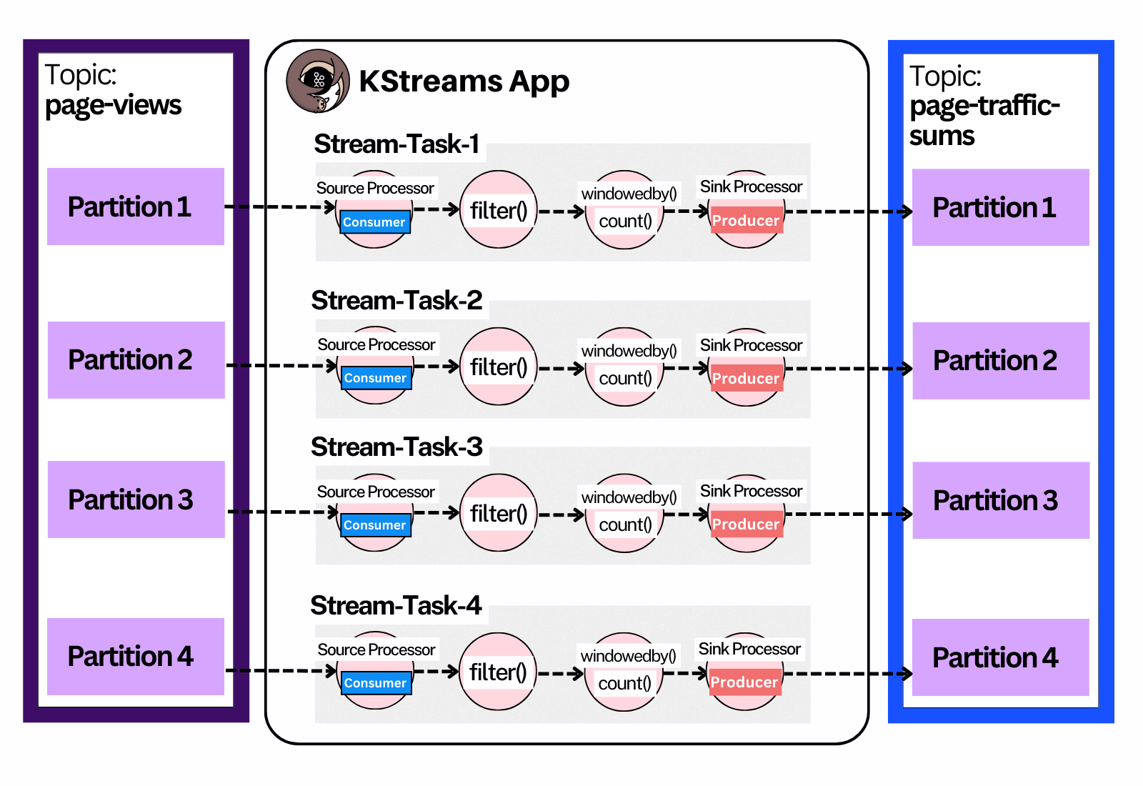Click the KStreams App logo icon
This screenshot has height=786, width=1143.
[318, 81]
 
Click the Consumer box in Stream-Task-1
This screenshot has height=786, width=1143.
[374, 222]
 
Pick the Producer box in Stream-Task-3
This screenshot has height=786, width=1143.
[746, 524]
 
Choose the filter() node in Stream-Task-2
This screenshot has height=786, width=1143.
[499, 367]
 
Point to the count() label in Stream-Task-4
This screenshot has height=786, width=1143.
[625, 684]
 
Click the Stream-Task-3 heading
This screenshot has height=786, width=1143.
[397, 447]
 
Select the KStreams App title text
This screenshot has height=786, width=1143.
[464, 81]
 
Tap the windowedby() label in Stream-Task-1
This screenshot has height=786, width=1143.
[629, 194]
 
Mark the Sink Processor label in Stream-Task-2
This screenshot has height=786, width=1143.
[751, 345]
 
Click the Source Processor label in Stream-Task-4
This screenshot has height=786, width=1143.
[376, 650]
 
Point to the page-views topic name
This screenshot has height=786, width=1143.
[113, 105]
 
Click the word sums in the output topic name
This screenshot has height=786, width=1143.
[942, 136]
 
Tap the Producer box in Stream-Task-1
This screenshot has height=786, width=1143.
[746, 221]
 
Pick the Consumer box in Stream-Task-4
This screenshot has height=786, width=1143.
[375, 683]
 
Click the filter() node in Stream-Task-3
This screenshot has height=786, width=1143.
[499, 513]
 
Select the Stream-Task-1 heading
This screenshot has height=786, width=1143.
[397, 144]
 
